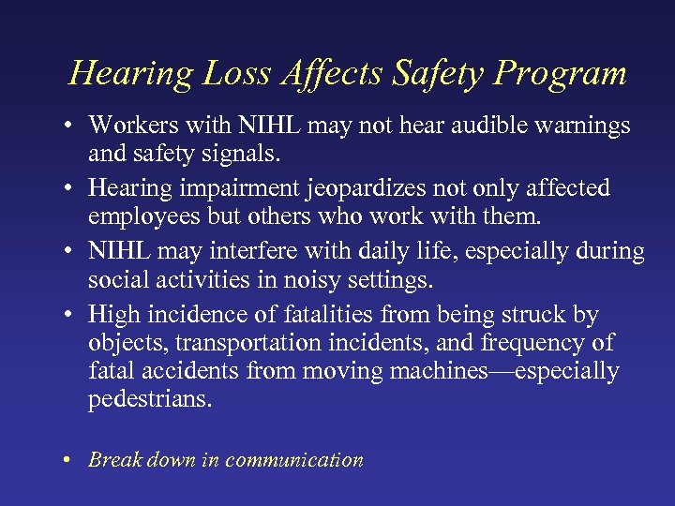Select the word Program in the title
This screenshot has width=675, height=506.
[566, 73]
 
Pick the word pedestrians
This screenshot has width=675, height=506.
[150, 399]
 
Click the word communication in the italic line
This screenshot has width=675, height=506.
[293, 460]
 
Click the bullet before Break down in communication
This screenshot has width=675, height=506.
[73, 460]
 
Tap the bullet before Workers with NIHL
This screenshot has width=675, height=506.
[73, 126]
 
